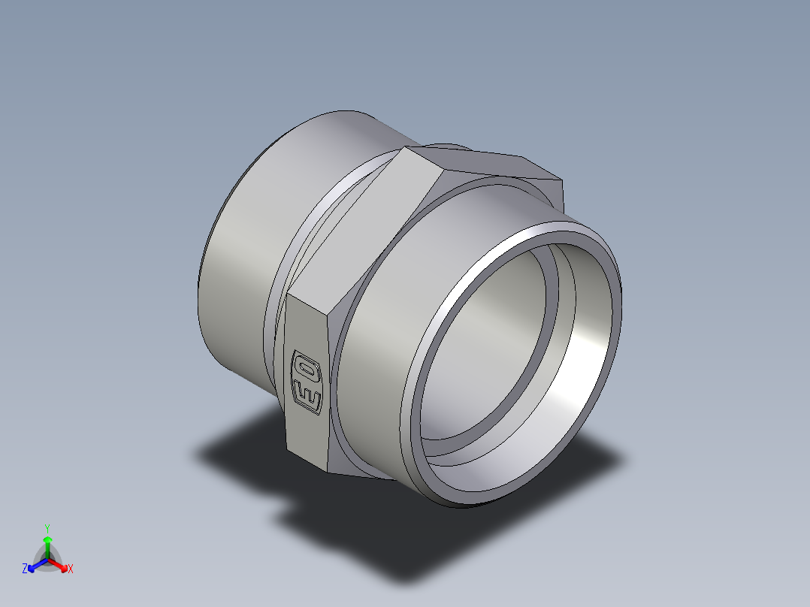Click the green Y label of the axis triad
47,527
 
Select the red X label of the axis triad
71,569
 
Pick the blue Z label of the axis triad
25,569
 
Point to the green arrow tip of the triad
47,540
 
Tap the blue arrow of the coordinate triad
35,565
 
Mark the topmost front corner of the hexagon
406,148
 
